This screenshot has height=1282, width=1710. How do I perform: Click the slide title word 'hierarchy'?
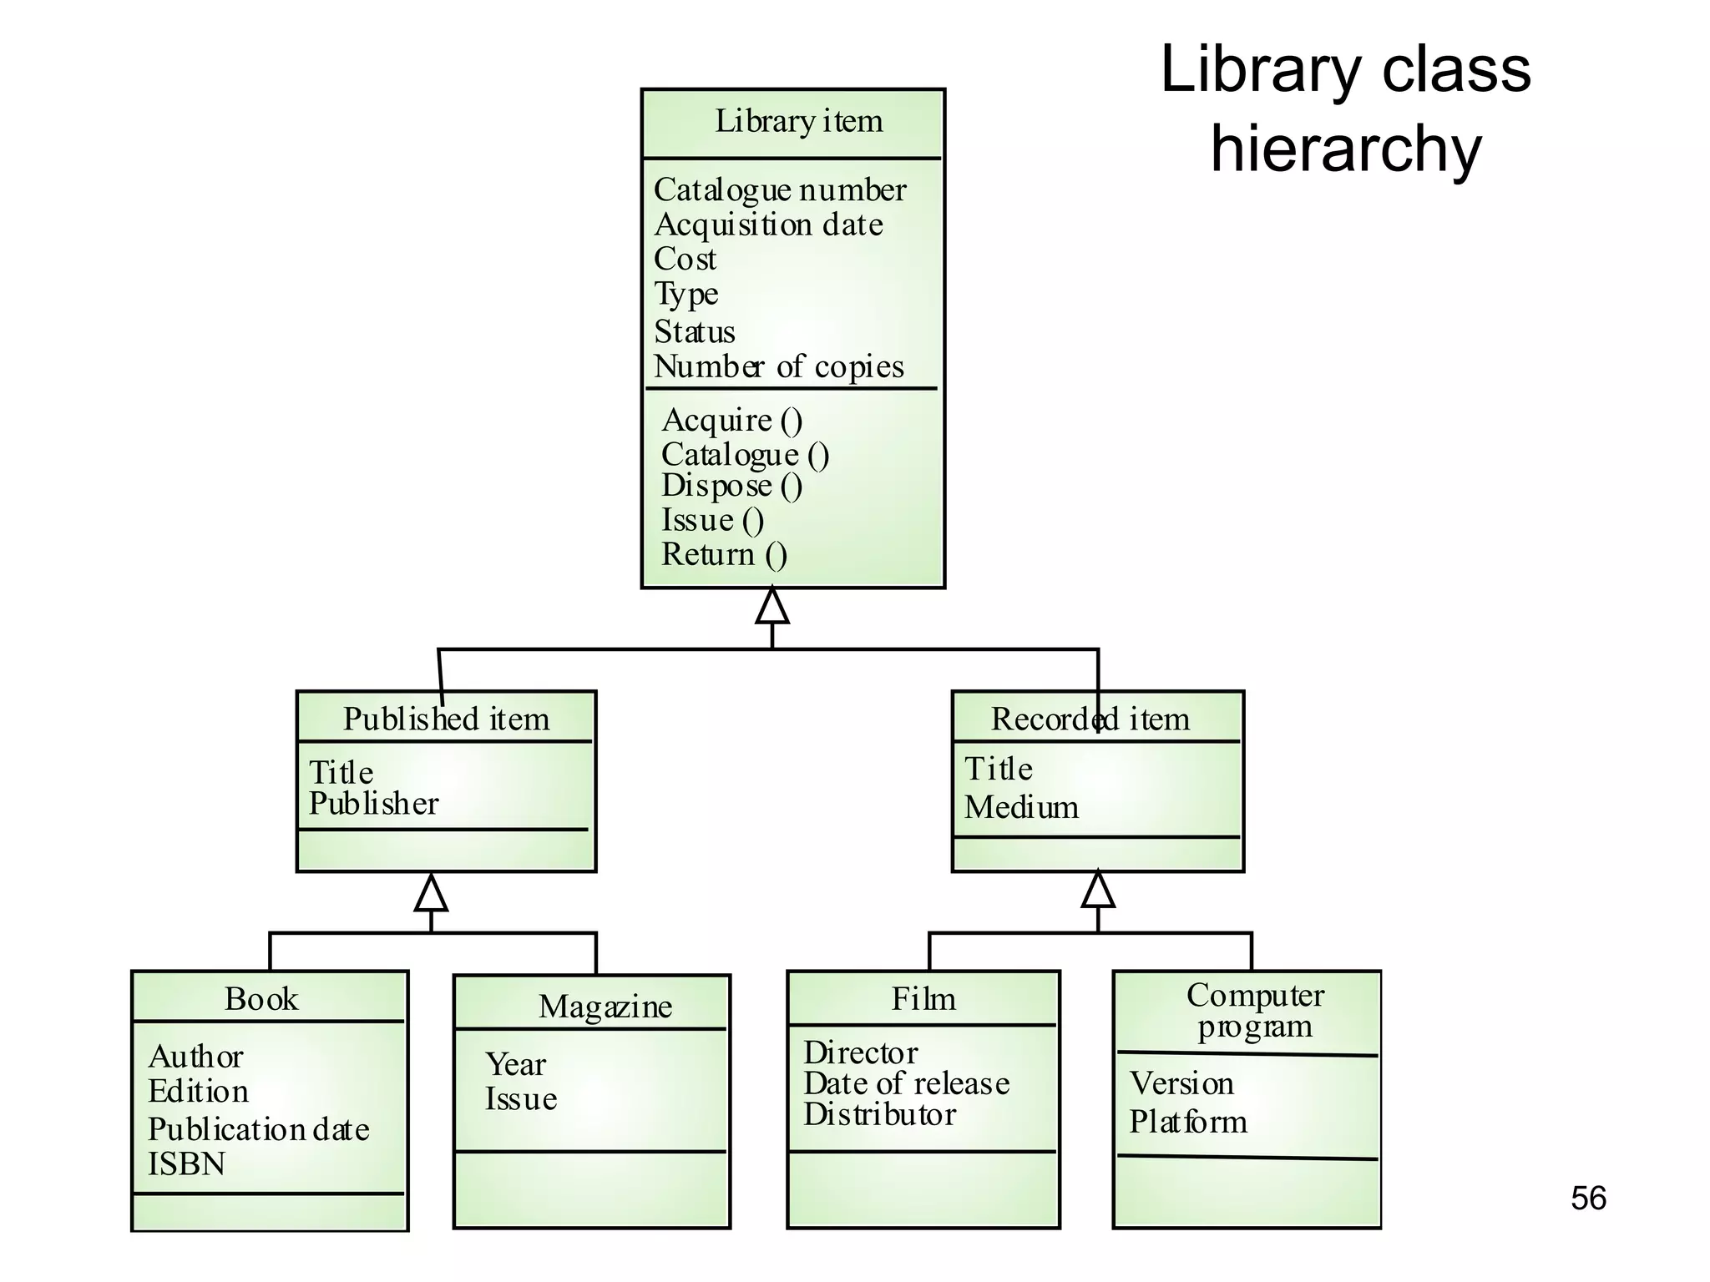pos(1345,150)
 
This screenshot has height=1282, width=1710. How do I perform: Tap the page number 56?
pos(1587,1199)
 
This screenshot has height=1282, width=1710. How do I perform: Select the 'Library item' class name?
pos(798,122)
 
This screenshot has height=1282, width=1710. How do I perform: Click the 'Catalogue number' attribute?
pos(779,190)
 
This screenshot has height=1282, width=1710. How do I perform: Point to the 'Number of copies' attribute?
pos(778,366)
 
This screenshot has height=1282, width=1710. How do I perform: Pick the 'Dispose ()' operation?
pos(731,486)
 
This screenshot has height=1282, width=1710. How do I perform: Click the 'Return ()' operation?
pos(724,554)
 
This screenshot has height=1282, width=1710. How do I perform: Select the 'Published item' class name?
pos(446,719)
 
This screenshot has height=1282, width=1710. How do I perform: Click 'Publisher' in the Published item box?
pos(373,804)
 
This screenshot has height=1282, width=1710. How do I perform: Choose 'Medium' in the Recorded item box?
pos(1021,807)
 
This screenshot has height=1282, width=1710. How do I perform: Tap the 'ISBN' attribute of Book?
pos(186,1164)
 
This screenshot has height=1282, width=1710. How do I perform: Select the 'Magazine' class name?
pos(605,1007)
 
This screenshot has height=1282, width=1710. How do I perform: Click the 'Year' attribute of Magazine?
pos(515,1065)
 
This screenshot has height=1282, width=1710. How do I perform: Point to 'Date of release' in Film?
pos(906,1083)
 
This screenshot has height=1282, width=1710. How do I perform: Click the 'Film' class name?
pos(923,999)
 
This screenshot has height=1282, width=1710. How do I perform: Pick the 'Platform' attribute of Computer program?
pos(1187,1122)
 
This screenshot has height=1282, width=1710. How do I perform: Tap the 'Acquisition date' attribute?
pos(768,225)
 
